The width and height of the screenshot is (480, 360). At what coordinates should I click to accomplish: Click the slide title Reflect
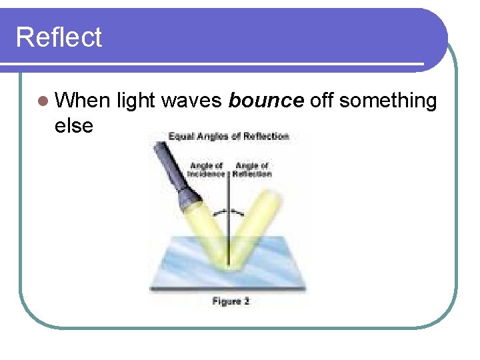[x=59, y=37]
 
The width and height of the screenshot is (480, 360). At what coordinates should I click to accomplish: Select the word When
[x=83, y=101]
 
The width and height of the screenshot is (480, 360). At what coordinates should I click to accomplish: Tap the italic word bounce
[x=266, y=101]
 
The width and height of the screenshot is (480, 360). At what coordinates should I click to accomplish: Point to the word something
[x=388, y=101]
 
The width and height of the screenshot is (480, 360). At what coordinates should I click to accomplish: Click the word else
[x=74, y=125]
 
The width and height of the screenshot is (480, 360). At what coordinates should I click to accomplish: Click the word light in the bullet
[x=135, y=101]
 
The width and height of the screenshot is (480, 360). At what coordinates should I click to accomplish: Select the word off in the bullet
[x=322, y=101]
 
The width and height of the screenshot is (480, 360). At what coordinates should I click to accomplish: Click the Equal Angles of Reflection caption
[x=229, y=137]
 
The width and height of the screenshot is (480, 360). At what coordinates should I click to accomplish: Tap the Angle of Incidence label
[x=207, y=170]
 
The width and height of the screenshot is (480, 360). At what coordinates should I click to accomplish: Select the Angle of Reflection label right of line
[x=253, y=170]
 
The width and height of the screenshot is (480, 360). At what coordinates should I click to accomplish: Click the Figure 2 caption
[x=231, y=301]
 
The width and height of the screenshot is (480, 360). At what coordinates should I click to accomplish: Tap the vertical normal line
[x=229, y=220]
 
